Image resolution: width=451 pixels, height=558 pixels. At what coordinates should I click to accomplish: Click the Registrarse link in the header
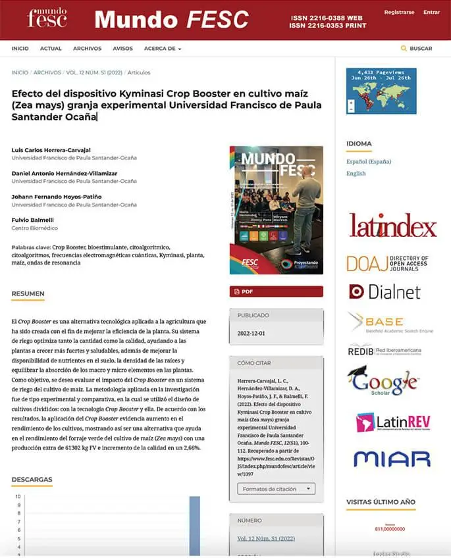coord(399,12)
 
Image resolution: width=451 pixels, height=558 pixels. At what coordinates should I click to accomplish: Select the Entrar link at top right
coord(431,12)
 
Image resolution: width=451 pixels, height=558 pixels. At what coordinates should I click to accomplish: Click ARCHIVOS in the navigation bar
coord(87,49)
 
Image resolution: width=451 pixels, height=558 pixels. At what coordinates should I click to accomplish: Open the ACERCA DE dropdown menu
coord(162,49)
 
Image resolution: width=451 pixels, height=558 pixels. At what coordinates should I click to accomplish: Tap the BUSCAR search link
coord(417,49)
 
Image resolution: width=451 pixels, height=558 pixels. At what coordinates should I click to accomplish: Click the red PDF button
coord(276,292)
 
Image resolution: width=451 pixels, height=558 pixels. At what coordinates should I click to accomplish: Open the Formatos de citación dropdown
coord(276,489)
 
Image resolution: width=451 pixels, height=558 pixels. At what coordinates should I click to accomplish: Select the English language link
coord(356,174)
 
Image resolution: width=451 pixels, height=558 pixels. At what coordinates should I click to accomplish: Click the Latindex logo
coord(392,226)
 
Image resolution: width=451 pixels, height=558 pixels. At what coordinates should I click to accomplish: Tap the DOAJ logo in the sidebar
coord(388,263)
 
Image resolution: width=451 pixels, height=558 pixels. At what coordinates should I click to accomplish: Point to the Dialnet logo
coord(385,292)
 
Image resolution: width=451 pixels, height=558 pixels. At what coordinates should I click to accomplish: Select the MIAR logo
coord(391,459)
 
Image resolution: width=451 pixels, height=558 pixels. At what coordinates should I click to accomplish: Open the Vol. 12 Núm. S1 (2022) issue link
coord(267,538)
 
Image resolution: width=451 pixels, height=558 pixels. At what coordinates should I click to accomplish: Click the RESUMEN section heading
coord(28,293)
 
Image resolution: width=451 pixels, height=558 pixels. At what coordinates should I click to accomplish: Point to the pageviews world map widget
coord(381,90)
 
